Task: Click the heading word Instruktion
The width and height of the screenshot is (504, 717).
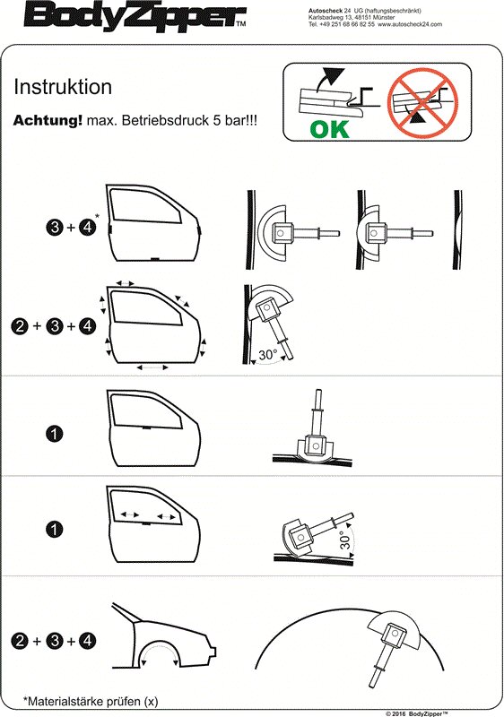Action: (63, 86)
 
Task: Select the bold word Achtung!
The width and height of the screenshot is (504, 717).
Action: (48, 120)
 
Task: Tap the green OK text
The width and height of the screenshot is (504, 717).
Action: (329, 129)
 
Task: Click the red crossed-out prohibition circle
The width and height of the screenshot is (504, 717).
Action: (422, 102)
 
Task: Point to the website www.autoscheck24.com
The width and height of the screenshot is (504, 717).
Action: (410, 24)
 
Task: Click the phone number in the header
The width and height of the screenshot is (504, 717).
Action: (341, 24)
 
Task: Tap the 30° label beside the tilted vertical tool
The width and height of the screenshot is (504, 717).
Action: (267, 355)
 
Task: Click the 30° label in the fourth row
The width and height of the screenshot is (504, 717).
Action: (346, 539)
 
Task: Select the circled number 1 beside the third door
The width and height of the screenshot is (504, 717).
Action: (55, 433)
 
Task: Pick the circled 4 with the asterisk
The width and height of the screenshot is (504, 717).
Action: (87, 227)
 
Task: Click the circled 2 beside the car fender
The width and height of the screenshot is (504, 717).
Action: (21, 640)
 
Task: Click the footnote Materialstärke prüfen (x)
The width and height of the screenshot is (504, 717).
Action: (91, 701)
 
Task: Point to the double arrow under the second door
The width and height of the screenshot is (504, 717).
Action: (152, 367)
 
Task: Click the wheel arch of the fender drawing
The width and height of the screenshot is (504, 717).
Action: (160, 645)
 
